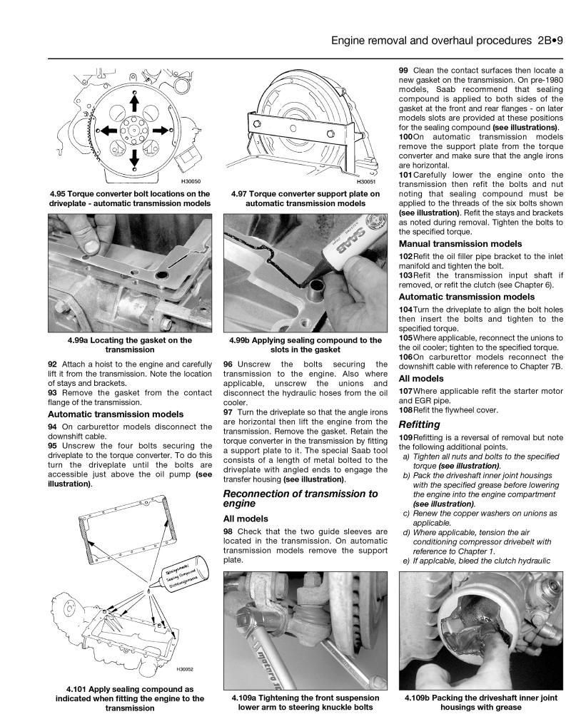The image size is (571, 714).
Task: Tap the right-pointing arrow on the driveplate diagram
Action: pyautogui.click(x=159, y=130)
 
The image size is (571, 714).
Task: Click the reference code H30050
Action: pyautogui.click(x=191, y=181)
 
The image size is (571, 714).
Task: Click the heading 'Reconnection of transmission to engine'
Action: pyautogui.click(x=300, y=498)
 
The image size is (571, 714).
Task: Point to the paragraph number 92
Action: pyautogui.click(x=53, y=362)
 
